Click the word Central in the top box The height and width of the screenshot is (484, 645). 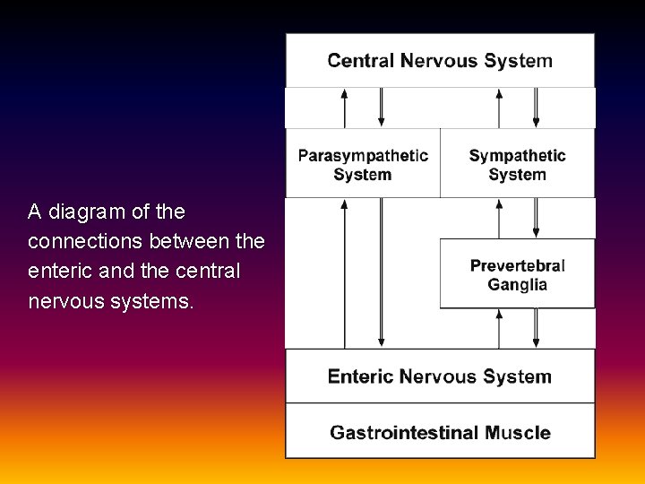click(361, 61)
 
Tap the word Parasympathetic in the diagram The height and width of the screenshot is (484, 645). click(363, 156)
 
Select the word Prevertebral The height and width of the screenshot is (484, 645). click(518, 265)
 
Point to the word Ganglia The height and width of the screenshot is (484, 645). click(518, 285)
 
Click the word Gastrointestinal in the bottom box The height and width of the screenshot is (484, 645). click(405, 433)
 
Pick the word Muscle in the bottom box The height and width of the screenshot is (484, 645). click(519, 433)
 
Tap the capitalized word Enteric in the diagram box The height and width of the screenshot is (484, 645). click(361, 376)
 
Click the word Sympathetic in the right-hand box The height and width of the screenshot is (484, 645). click(518, 156)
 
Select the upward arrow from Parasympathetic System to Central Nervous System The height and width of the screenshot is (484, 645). click(345, 108)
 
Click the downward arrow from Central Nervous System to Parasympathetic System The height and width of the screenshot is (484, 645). click(382, 108)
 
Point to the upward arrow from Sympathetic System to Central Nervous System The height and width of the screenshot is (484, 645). click(500, 108)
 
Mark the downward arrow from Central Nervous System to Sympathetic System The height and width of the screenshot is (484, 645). click(537, 108)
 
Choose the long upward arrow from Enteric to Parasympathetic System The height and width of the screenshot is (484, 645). click(345, 272)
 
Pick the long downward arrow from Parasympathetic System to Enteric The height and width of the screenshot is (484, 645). click(382, 272)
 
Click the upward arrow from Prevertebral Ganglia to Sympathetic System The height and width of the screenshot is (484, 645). click(500, 218)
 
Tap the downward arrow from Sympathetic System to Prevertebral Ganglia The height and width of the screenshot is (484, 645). click(537, 218)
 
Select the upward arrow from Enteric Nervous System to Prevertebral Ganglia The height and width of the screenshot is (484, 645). click(500, 328)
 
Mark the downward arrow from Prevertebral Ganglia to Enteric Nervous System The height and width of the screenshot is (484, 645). click(537, 328)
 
